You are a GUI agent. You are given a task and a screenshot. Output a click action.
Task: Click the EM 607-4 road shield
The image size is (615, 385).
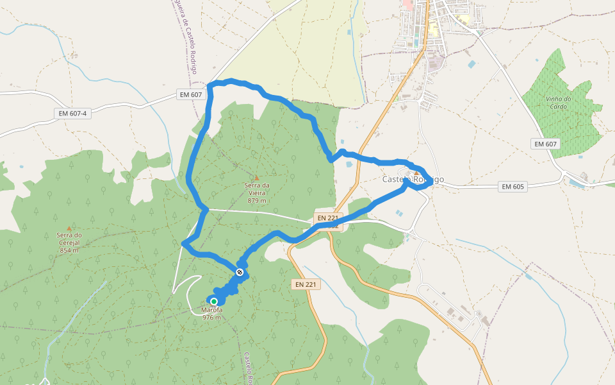[x=72, y=114]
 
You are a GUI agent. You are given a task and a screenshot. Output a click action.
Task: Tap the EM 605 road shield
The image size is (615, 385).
[x=513, y=187]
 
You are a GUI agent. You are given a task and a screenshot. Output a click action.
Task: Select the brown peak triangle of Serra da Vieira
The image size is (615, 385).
[x=257, y=177]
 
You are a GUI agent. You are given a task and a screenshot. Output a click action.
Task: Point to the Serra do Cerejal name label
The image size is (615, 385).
[x=69, y=239]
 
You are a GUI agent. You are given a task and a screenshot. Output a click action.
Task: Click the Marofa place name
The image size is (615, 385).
[x=211, y=311]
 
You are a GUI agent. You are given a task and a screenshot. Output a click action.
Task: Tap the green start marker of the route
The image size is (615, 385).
[x=214, y=301]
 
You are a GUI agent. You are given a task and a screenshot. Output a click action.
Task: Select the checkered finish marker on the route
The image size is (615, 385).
[x=240, y=273]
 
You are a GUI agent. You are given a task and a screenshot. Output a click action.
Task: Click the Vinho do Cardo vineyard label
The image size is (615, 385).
[x=559, y=102]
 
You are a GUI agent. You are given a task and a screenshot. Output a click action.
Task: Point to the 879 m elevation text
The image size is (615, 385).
[x=257, y=200]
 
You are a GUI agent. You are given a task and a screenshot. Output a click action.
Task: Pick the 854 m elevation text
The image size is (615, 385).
[x=69, y=250]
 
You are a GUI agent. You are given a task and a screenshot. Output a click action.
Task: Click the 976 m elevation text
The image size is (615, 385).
[x=211, y=318]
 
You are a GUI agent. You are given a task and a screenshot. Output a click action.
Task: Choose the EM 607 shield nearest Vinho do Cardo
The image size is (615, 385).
[x=546, y=144]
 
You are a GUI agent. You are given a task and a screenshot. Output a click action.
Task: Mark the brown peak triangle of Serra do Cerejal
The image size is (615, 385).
[x=69, y=228]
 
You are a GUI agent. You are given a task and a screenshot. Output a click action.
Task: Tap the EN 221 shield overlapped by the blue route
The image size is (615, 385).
[x=327, y=218]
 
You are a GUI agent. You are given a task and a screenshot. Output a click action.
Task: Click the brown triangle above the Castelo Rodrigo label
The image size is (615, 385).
[x=416, y=173]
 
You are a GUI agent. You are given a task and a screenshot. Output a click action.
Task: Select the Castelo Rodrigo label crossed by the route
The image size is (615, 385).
[x=413, y=180]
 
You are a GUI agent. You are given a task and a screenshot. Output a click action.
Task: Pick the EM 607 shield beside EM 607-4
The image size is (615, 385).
[x=191, y=95]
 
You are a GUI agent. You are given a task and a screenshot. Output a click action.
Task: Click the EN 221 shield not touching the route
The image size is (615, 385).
[x=306, y=284]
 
